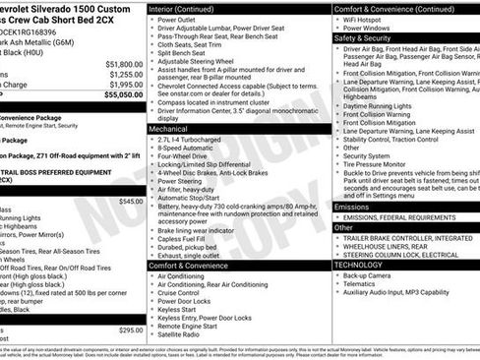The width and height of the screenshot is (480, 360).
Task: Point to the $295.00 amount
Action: coord(130,330)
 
